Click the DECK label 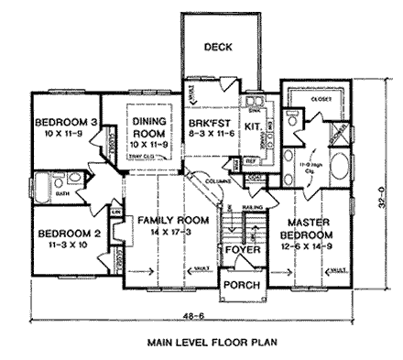[x=216, y=47]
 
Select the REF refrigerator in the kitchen [x=251, y=161]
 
